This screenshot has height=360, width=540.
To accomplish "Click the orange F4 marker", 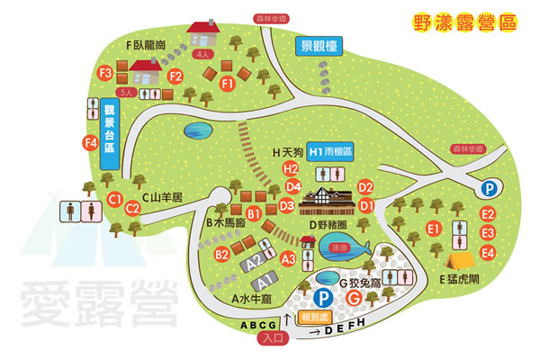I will pyautogui.click(x=90, y=142).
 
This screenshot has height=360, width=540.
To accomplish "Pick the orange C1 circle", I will pyautogui.click(x=114, y=198).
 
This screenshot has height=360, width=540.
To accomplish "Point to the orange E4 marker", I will pyautogui.click(x=489, y=249).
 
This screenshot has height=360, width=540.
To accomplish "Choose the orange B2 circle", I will pyautogui.click(x=221, y=255).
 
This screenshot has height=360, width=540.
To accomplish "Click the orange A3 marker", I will pyautogui.click(x=289, y=259).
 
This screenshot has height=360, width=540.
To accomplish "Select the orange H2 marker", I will pyautogui.click(x=290, y=168).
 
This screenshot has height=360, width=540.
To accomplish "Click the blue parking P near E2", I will pyautogui.click(x=489, y=188).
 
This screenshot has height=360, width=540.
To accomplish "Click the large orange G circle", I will pyautogui.click(x=355, y=298).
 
